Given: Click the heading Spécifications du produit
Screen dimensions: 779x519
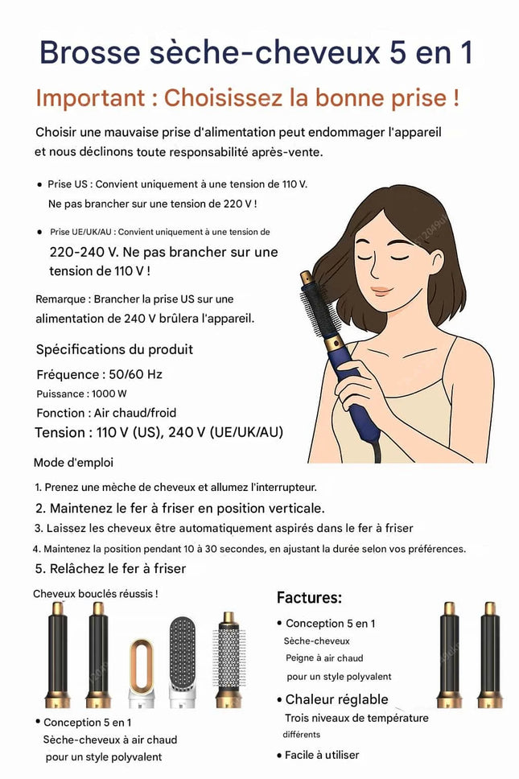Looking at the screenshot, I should pos(114,349).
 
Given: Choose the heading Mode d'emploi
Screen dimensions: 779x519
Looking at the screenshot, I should pos(73,463).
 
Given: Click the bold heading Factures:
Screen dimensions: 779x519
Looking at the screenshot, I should pos(309,598).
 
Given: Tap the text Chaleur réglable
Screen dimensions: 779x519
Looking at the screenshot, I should pos(336,699).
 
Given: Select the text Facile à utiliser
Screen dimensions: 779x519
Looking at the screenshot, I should pos(322,755).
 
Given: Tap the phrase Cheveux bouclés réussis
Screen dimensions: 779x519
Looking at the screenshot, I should pos(95,594).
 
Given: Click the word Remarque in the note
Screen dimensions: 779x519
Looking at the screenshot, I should pos(61,299).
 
